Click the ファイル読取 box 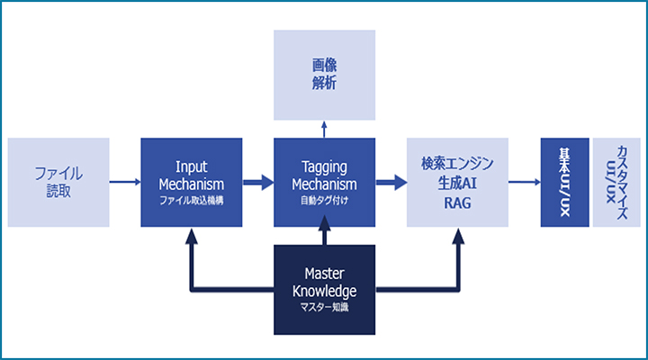[x=58, y=181]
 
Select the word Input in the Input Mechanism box [x=192, y=166]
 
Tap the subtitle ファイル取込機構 [x=192, y=201]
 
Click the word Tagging [x=324, y=166]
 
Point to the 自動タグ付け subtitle [x=324, y=201]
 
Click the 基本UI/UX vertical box [x=563, y=182]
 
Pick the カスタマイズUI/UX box [x=616, y=182]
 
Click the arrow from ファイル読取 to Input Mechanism [x=125, y=182]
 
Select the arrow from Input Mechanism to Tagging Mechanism [x=258, y=182]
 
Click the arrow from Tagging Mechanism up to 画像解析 [x=324, y=129]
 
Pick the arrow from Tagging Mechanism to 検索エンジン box [x=390, y=182]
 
